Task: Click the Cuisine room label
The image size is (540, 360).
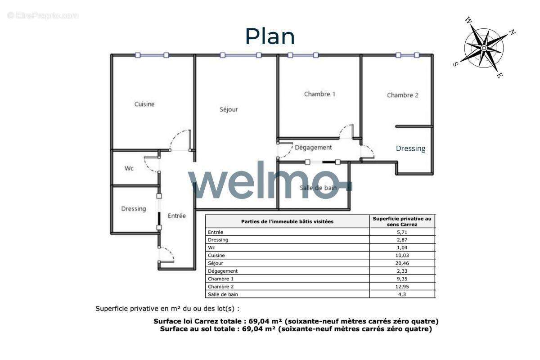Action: click(144, 104)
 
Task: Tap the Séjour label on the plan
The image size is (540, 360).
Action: click(229, 109)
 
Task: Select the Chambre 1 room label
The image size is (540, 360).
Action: click(319, 94)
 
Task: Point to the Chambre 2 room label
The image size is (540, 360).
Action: click(403, 95)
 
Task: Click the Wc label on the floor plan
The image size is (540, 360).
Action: click(129, 168)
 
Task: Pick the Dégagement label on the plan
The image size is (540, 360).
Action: click(313, 147)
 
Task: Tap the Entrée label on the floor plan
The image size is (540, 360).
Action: click(177, 216)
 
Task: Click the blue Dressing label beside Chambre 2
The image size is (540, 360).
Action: click(410, 148)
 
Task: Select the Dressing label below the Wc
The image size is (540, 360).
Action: click(134, 209)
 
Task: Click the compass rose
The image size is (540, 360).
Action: click(484, 48)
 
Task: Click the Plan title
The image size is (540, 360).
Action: click(270, 36)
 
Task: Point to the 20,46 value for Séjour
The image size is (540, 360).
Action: click(402, 263)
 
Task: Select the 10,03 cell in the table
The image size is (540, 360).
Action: click(402, 255)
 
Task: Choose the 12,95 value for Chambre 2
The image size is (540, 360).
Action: click(402, 287)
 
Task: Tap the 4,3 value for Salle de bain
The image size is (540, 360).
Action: click(402, 294)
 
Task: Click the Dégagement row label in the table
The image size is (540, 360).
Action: click(223, 271)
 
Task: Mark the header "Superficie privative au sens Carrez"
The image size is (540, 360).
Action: click(402, 221)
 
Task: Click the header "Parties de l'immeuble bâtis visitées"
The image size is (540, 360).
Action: click(287, 221)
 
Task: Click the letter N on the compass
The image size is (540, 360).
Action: click(512, 32)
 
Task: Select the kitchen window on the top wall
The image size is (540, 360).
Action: click(152, 55)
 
